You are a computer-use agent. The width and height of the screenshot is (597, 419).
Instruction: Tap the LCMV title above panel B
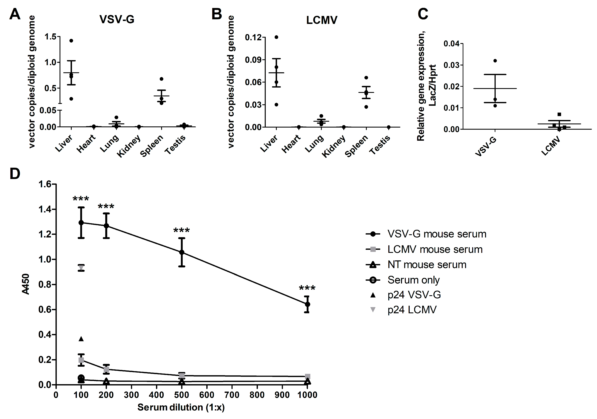[322, 20]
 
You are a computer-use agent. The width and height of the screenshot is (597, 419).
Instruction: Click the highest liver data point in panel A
[71, 41]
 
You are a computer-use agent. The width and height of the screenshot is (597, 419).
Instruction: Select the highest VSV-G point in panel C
[495, 61]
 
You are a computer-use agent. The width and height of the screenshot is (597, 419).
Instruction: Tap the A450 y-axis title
[26, 284]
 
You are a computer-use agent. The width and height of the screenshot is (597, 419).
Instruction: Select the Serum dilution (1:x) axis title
[181, 407]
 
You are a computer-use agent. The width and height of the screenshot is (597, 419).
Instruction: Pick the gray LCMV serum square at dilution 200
[106, 369]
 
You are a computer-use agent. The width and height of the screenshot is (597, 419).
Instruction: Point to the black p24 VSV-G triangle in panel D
[81, 339]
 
